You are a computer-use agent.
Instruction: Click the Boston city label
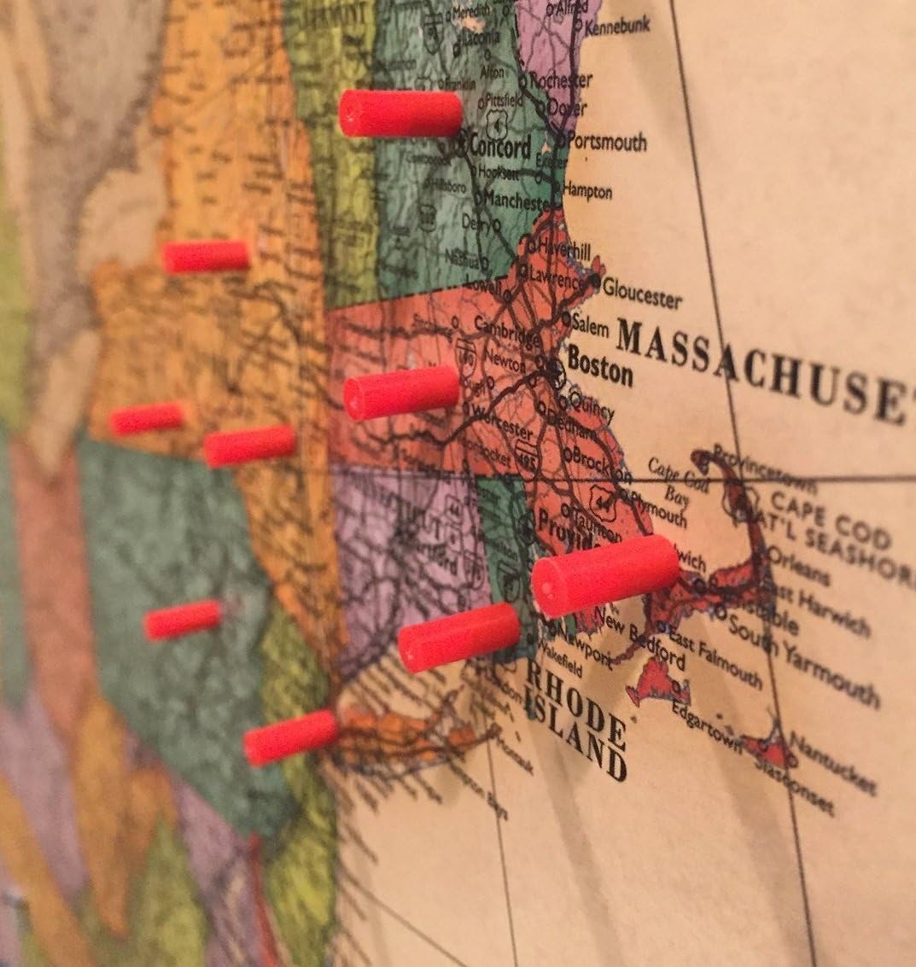pyautogui.click(x=600, y=367)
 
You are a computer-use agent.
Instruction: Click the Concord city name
pyautogui.click(x=499, y=146)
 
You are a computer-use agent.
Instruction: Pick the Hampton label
pyautogui.click(x=588, y=190)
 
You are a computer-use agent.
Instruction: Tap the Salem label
pyautogui.click(x=590, y=325)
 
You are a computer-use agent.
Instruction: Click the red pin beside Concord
pyautogui.click(x=400, y=114)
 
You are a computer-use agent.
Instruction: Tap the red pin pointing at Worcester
pyautogui.click(x=401, y=393)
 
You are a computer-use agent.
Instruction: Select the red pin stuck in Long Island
pyautogui.click(x=291, y=737)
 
